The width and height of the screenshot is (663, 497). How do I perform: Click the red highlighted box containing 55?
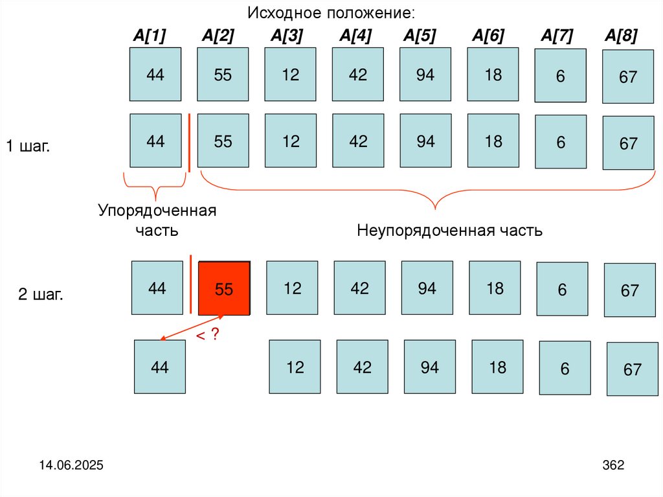[224, 289]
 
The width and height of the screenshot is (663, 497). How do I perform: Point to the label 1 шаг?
[28, 146]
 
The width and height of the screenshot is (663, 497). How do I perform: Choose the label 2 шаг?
[40, 295]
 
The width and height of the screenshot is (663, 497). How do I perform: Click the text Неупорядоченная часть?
[450, 231]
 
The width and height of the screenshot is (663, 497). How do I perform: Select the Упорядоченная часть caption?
[157, 220]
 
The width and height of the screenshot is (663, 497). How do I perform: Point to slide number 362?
[612, 465]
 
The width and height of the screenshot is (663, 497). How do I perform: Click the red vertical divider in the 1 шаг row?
[189, 143]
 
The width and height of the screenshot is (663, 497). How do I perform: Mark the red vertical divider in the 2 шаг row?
[191, 283]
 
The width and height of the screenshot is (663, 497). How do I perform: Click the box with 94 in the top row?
[425, 75]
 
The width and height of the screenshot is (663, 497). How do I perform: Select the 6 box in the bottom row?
[565, 368]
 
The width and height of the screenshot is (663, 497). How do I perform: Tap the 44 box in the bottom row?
[159, 367]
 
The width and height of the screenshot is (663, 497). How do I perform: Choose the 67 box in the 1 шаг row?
[628, 143]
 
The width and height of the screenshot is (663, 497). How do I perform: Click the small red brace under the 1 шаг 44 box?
[155, 188]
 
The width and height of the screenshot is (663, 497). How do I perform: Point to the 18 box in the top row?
[493, 75]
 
